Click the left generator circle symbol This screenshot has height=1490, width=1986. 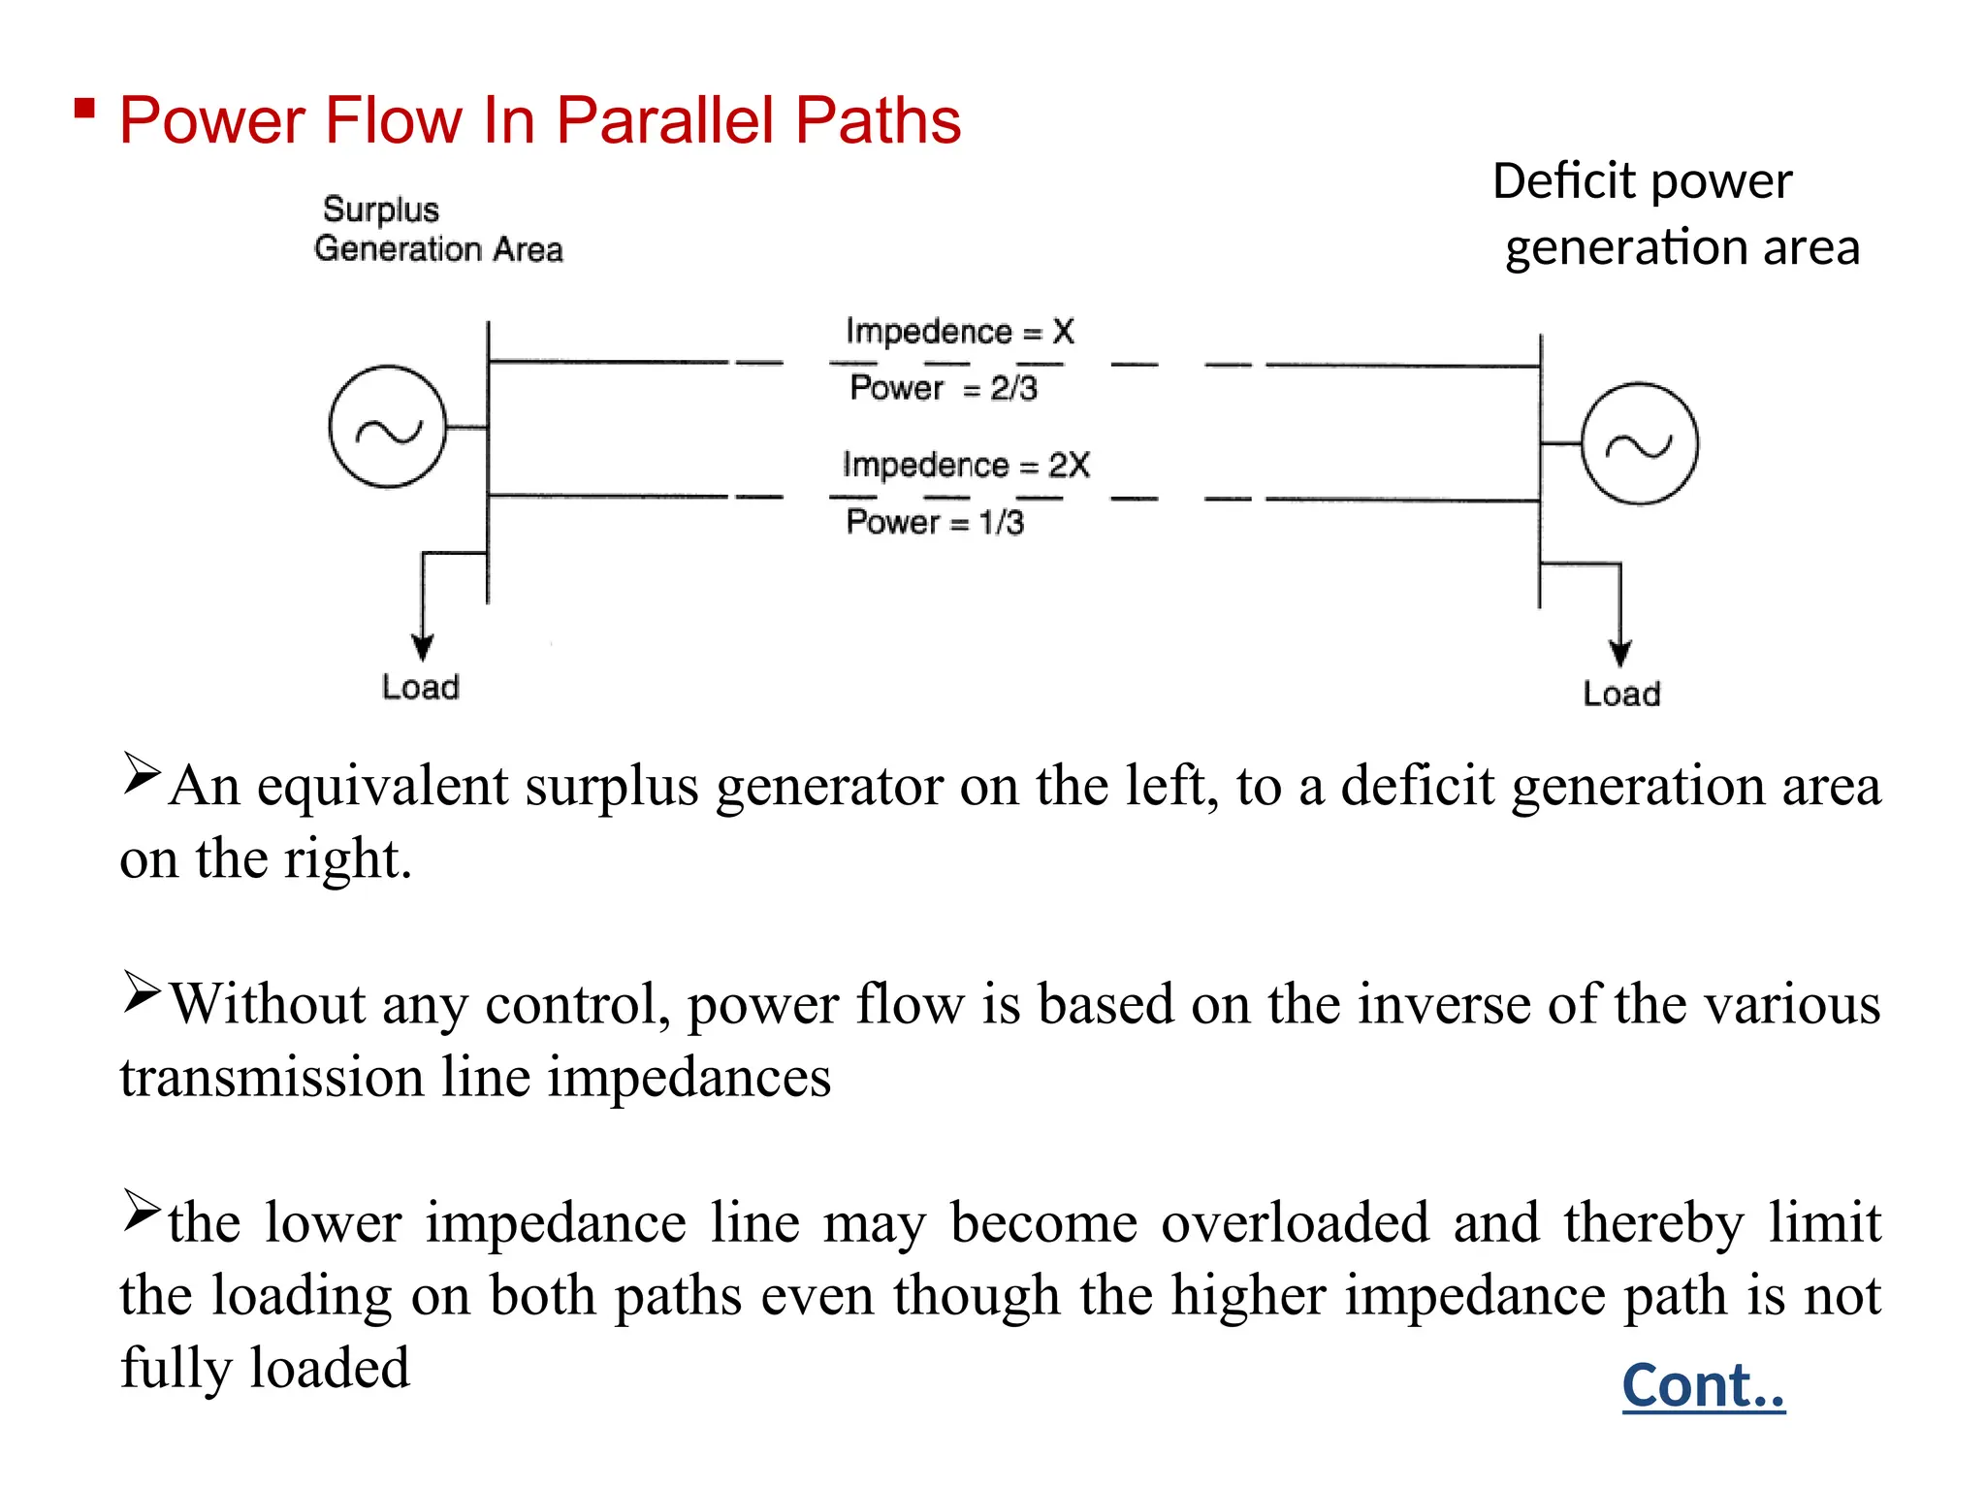[x=388, y=427]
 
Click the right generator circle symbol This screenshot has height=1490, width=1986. [x=1639, y=444]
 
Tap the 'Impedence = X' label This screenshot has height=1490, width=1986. [x=959, y=332]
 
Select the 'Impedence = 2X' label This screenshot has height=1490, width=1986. [x=966, y=466]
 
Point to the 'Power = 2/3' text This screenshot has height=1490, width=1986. [x=943, y=388]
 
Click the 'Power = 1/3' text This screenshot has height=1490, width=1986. [x=934, y=522]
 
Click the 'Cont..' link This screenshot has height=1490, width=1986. [x=1703, y=1385]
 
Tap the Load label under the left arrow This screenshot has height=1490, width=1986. [x=420, y=687]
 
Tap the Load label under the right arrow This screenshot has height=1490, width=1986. [x=1621, y=694]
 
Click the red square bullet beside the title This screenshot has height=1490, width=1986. [x=84, y=108]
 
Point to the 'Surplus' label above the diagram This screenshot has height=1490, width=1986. [x=380, y=210]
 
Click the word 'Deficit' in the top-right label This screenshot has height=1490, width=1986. [x=1564, y=181]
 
